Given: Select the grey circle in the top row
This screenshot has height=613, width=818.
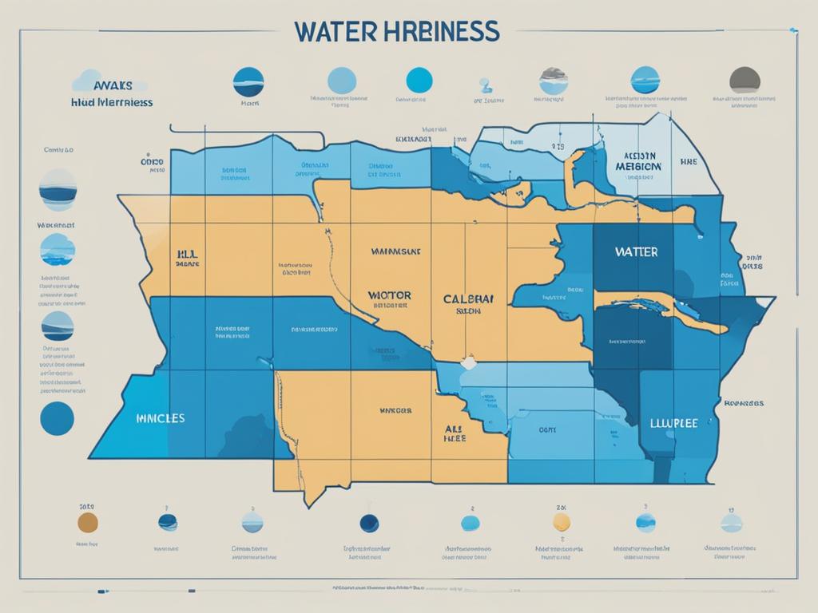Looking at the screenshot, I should (745, 81).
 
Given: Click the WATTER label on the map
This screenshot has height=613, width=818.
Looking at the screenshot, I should (637, 251).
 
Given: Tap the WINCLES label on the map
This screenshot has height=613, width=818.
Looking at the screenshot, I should (160, 417).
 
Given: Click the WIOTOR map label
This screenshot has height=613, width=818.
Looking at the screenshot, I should (389, 295).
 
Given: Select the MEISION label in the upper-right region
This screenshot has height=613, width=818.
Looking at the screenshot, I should (638, 166).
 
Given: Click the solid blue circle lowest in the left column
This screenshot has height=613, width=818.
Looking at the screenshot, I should (57, 417).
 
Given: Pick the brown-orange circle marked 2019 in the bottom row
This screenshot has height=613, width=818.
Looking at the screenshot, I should (88, 523).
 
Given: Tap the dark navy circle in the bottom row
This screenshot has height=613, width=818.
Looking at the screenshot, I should (370, 523).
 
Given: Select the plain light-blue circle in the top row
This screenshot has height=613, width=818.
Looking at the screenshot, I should (342, 81).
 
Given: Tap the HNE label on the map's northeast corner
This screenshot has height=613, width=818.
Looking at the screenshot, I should (688, 161).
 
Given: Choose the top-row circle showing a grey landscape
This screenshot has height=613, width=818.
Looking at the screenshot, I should (554, 81).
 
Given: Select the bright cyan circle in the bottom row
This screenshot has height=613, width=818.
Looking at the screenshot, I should (471, 524).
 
